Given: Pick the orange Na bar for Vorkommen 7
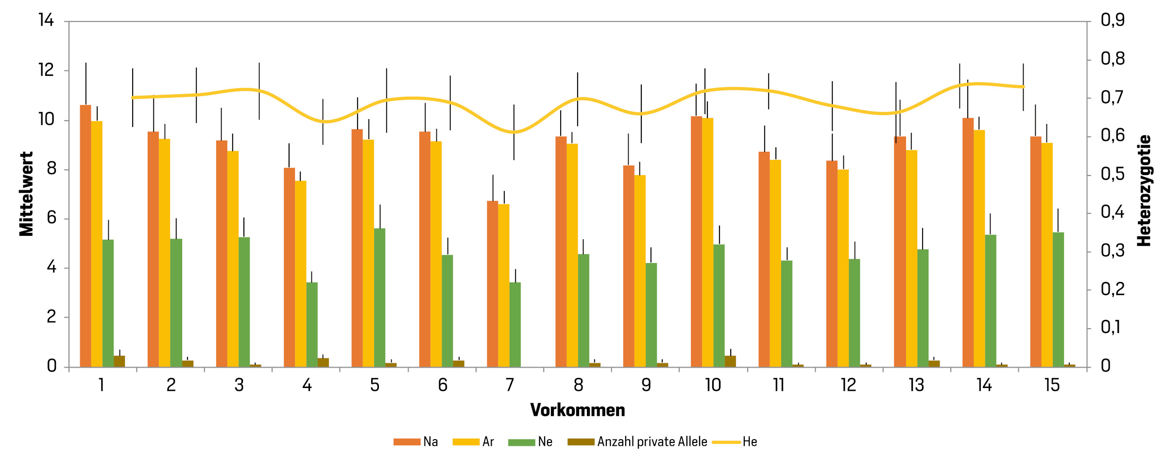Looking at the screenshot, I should pyautogui.click(x=493, y=284).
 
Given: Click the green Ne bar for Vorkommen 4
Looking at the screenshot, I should pyautogui.click(x=312, y=324).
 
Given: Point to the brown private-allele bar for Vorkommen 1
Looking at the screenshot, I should pyautogui.click(x=119, y=361).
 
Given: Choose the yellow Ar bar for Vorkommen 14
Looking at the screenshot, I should pyautogui.click(x=979, y=248).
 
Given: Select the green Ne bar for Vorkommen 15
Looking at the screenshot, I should pyautogui.click(x=1058, y=300).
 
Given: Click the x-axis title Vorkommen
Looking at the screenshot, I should pyautogui.click(x=578, y=410).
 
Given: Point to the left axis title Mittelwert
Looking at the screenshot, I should pyautogui.click(x=26, y=194).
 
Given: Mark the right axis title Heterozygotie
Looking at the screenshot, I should pyautogui.click(x=1144, y=191).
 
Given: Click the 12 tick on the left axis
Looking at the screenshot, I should pyautogui.click(x=46, y=70).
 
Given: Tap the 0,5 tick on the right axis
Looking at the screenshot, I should pyautogui.click(x=1113, y=174).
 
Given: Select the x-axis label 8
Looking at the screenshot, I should pyautogui.click(x=578, y=385).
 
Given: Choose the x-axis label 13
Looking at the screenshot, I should pyautogui.click(x=916, y=385).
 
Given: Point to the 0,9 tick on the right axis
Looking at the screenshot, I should pyautogui.click(x=1113, y=20).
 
